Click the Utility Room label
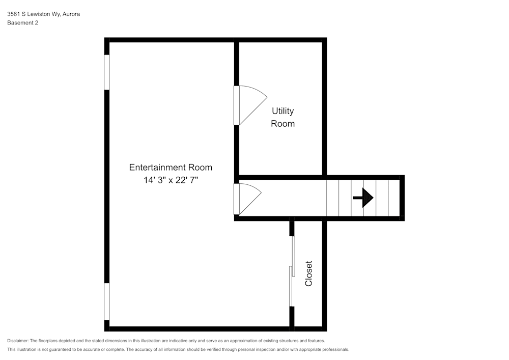(282, 117)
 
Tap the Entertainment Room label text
(171, 167)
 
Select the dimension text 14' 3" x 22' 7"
(171, 180)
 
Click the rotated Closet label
(308, 273)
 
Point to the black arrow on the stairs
(363, 198)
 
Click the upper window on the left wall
(107, 72)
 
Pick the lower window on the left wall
(107, 301)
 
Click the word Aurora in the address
(71, 14)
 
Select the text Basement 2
(22, 22)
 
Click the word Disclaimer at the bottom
(18, 341)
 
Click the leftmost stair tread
(332, 198)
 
